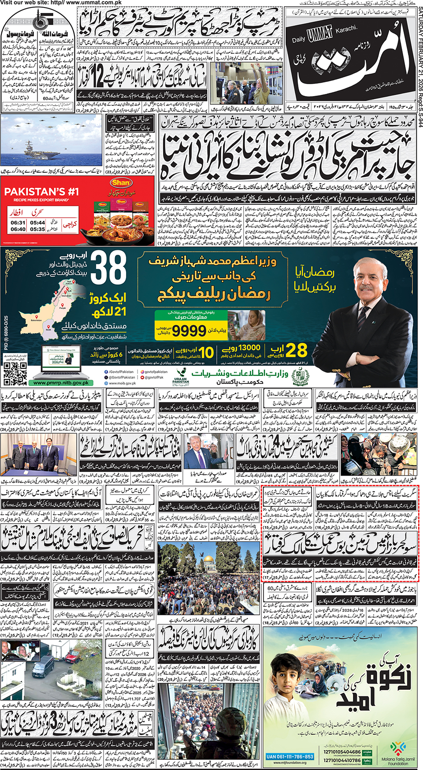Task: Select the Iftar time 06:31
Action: click(18, 223)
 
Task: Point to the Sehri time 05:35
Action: click(38, 229)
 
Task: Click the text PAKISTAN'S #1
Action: click(41, 192)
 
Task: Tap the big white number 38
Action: click(108, 268)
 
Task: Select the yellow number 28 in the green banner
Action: click(296, 351)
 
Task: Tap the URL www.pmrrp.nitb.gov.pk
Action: click(61, 383)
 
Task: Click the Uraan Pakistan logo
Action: click(181, 376)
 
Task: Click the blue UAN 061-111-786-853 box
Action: click(290, 757)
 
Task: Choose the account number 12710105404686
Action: click(342, 752)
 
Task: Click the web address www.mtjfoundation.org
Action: click(290, 763)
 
